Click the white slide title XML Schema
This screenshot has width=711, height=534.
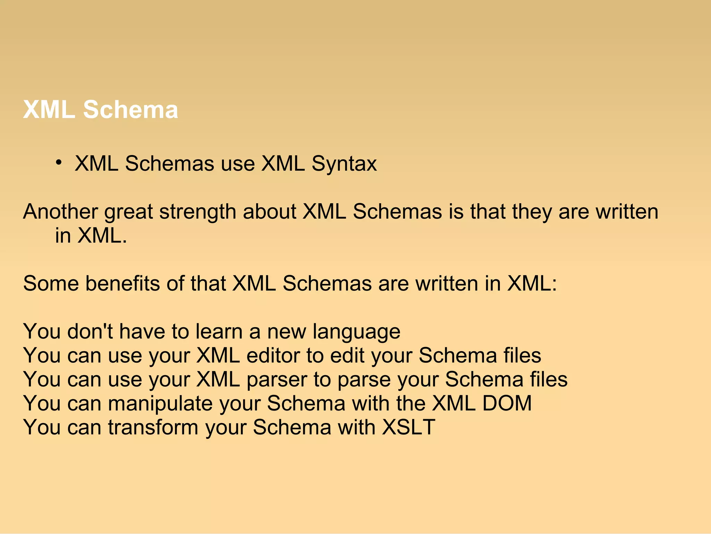(x=101, y=110)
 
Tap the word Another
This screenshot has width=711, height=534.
(x=60, y=212)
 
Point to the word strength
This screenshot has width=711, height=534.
(x=198, y=212)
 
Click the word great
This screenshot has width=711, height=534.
(x=128, y=212)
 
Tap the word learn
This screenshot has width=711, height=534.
(x=219, y=331)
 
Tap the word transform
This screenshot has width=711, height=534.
(x=153, y=427)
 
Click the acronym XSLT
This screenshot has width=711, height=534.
(x=408, y=427)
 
